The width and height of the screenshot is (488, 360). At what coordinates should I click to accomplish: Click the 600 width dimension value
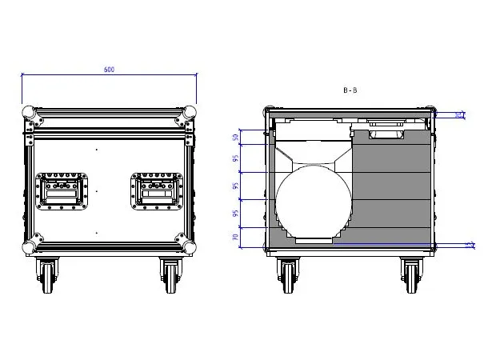pos(109,70)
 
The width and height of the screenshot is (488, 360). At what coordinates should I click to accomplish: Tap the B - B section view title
pos(350,91)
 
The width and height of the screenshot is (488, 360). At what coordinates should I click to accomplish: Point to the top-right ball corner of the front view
pos(191,112)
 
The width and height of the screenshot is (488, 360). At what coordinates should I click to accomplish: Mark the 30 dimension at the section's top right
pos(459,115)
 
